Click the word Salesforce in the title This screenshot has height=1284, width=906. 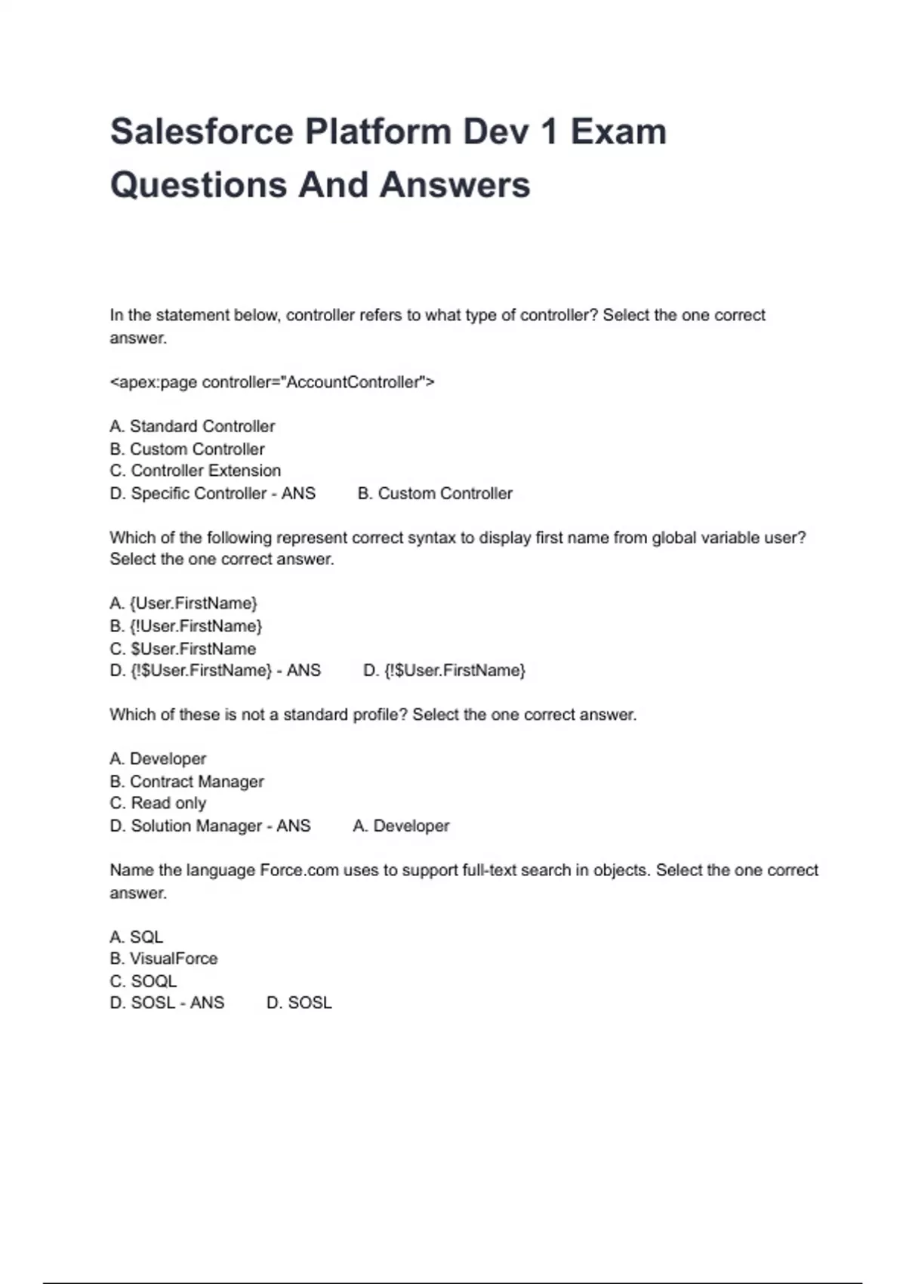coord(202,132)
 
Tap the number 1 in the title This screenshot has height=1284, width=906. coord(548,132)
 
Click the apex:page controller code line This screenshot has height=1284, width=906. coord(272,382)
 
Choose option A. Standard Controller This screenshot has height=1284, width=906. coord(193,426)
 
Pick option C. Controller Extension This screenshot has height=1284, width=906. coord(196,471)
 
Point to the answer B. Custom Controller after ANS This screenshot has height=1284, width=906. coord(435,493)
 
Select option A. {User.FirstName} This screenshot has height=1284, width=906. coord(183,603)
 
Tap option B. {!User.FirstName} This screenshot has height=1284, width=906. coord(186,626)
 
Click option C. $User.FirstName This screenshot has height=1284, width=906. coord(183,649)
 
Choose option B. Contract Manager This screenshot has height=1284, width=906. coord(186,782)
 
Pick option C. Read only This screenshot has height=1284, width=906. coord(158,803)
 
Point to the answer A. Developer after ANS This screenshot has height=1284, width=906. coord(401,826)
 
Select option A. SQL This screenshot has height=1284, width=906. coord(137,937)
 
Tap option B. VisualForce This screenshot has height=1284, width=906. coord(164,958)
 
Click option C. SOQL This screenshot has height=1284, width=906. coord(143,981)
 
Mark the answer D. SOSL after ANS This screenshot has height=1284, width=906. coord(299,1003)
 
